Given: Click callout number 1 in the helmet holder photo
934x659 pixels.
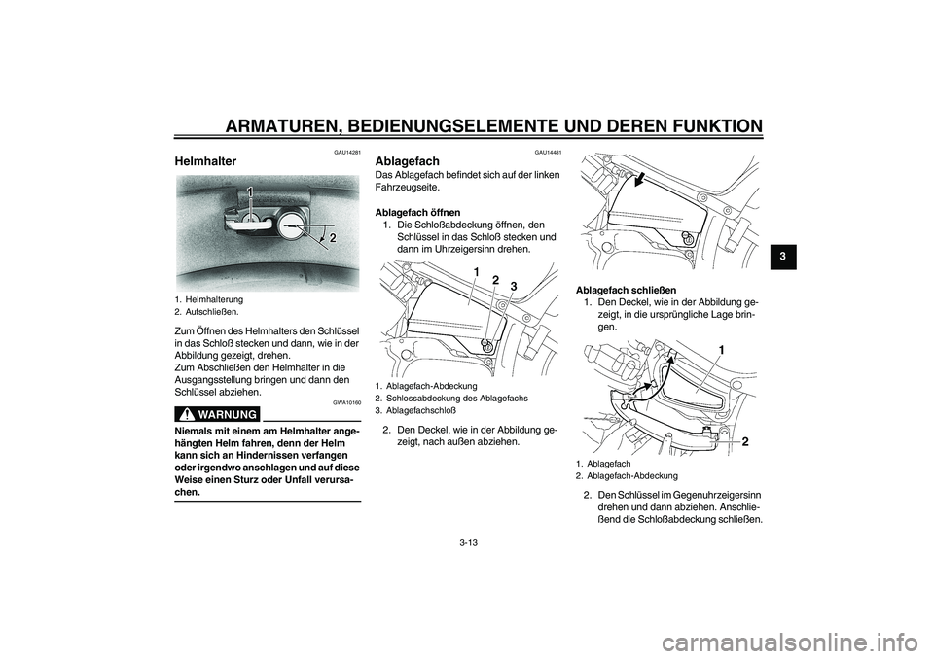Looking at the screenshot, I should pyautogui.click(x=249, y=192).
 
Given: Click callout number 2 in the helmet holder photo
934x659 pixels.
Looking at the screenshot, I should pyautogui.click(x=333, y=237).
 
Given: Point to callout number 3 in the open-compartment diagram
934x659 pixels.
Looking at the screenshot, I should pyautogui.click(x=513, y=285).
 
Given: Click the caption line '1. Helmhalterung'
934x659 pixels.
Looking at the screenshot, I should pyautogui.click(x=209, y=299).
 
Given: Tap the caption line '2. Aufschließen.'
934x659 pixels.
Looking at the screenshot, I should pyautogui.click(x=207, y=311).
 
